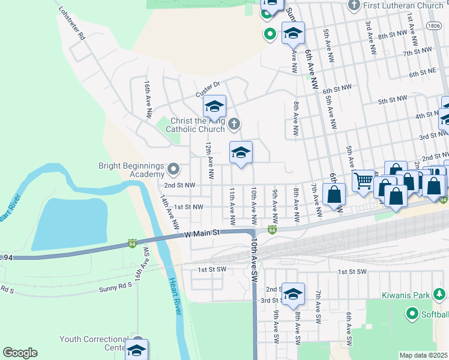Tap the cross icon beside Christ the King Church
click(235, 124)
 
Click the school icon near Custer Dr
click(214, 107)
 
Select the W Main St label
click(203, 233)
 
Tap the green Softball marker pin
click(412, 313)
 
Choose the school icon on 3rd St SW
click(293, 295)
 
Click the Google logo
click(20, 352)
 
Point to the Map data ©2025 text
click(424, 355)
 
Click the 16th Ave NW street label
click(147, 96)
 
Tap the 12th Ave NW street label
click(209, 160)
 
